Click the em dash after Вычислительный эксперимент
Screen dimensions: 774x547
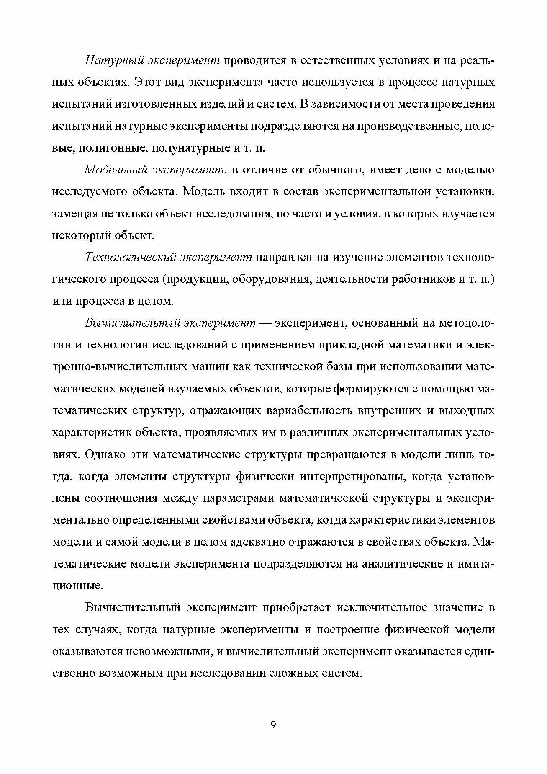click(266, 323)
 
